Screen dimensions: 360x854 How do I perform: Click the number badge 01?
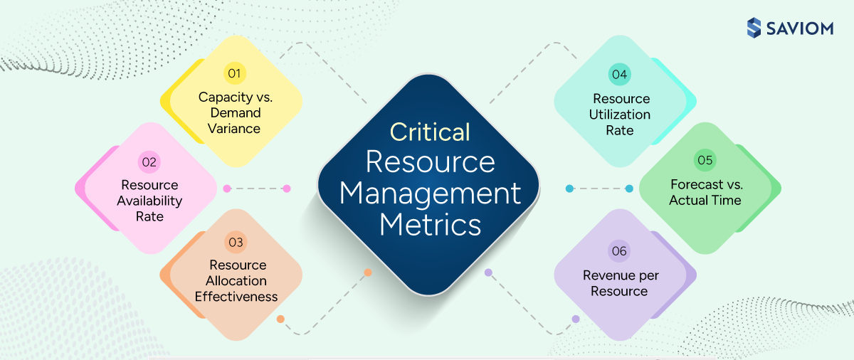(x=234, y=73)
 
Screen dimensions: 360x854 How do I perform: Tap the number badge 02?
(x=149, y=162)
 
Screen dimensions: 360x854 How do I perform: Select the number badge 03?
(x=236, y=243)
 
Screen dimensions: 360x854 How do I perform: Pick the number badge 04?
(x=619, y=74)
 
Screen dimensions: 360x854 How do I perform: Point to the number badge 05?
(x=705, y=160)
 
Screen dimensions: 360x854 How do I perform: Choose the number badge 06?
(x=619, y=251)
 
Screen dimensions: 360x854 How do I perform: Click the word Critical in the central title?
(x=430, y=132)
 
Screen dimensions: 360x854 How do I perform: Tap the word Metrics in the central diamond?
(x=430, y=225)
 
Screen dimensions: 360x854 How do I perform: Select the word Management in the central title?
(x=430, y=194)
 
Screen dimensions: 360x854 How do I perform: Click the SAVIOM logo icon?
(x=754, y=28)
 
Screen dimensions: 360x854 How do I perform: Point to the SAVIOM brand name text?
(x=801, y=28)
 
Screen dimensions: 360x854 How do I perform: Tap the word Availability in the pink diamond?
(x=149, y=201)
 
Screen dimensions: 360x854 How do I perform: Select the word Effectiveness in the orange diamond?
(x=236, y=297)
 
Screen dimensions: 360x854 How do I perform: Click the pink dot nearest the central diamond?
(x=287, y=189)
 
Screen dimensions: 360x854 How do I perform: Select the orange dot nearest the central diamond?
(x=368, y=272)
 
